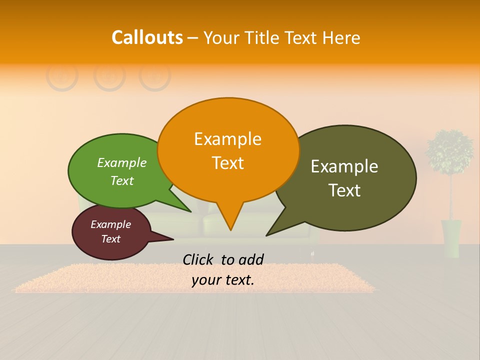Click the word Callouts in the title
tap(147, 37)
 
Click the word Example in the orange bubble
tap(228, 139)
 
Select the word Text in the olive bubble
tap(344, 190)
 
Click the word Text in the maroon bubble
tap(111, 239)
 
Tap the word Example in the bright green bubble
tap(122, 163)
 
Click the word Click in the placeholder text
tap(198, 259)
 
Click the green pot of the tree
tap(451, 238)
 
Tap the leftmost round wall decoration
tap(62, 76)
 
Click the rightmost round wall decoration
tap(155, 76)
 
